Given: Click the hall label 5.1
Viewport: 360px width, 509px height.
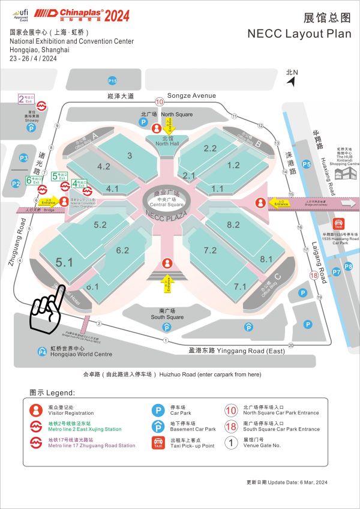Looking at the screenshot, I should [64, 262].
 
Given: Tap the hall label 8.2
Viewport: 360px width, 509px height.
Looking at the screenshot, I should [233, 224].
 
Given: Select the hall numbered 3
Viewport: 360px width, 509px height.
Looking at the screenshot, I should [130, 155].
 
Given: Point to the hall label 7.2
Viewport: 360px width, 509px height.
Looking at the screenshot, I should [210, 250].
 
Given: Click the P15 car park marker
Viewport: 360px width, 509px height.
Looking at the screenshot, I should [112, 80].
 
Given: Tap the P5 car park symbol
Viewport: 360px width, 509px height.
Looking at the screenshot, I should [307, 164].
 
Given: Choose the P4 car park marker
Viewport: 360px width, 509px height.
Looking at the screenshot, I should [42, 352].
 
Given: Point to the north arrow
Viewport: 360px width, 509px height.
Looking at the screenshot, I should [292, 77].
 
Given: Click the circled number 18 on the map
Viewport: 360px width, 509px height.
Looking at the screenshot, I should [313, 276].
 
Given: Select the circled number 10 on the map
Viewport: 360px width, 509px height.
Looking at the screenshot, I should [160, 101].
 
